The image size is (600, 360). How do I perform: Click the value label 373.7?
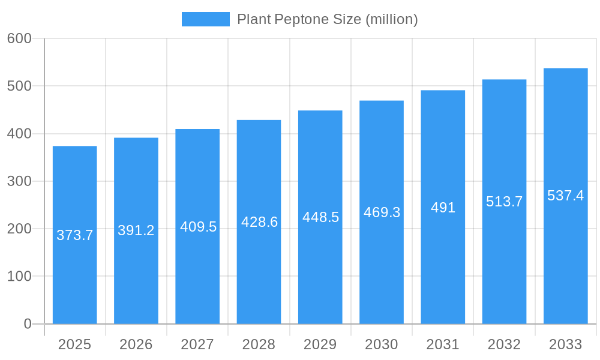pyautogui.click(x=75, y=235)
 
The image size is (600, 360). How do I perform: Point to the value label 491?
pyautogui.click(x=443, y=208)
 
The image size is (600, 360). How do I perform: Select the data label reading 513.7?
pyautogui.click(x=504, y=202)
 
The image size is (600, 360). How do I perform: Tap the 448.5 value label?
pyautogui.click(x=320, y=217)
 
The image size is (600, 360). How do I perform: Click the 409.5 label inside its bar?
pyautogui.click(x=198, y=227)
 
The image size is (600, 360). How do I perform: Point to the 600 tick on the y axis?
pyautogui.click(x=19, y=38)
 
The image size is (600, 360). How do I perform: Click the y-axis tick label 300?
pyautogui.click(x=19, y=181)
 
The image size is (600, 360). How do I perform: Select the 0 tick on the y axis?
pyautogui.click(x=28, y=324)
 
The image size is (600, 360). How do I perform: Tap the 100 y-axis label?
pyautogui.click(x=19, y=277)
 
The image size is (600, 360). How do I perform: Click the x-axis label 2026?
pyautogui.click(x=136, y=344)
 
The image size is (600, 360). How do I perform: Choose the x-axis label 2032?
pyautogui.click(x=504, y=344)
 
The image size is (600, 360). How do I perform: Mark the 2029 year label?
pyautogui.click(x=320, y=344)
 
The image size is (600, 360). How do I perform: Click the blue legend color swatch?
pyautogui.click(x=206, y=19)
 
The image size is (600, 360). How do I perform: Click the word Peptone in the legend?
pyautogui.click(x=301, y=19)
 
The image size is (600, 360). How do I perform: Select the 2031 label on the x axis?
pyautogui.click(x=443, y=344)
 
